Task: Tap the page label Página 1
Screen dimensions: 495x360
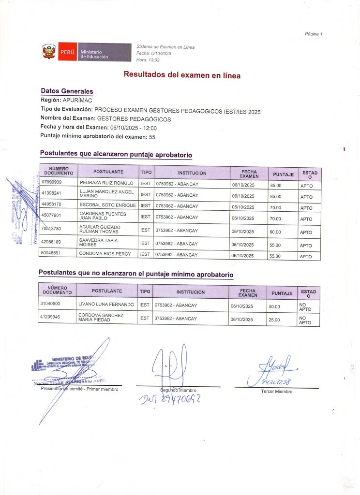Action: (x=313, y=34)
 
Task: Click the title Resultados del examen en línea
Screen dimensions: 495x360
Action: (x=182, y=75)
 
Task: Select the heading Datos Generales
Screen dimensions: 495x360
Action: (x=67, y=91)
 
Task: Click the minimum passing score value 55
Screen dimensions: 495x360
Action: (x=152, y=137)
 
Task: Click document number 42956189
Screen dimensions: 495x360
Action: (x=52, y=241)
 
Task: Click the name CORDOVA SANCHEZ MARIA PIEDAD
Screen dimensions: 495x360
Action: (x=101, y=317)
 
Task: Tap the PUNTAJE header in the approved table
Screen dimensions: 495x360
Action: (x=284, y=174)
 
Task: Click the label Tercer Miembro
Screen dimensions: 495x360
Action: (x=276, y=392)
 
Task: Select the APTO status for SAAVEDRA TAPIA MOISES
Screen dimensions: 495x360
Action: (x=306, y=245)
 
